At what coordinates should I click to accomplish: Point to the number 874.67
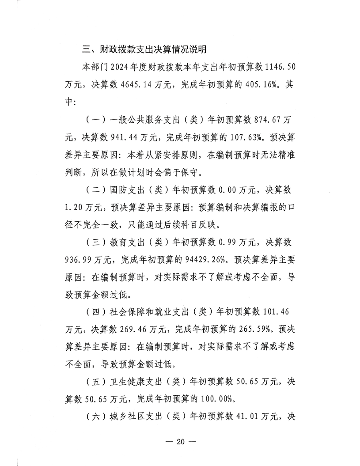pyautogui.click(x=268, y=119)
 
